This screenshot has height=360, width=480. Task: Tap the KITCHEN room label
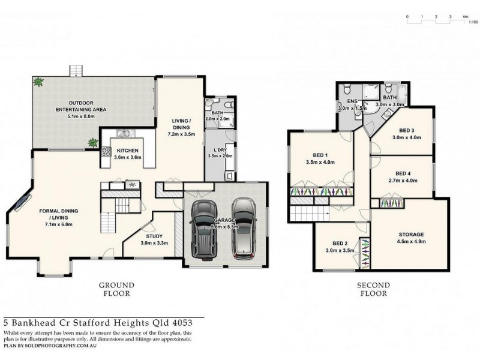(128, 150)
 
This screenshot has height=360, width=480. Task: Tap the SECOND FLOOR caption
(374, 289)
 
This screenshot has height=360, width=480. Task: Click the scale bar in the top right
(436, 22)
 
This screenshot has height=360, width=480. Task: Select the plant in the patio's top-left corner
(39, 82)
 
